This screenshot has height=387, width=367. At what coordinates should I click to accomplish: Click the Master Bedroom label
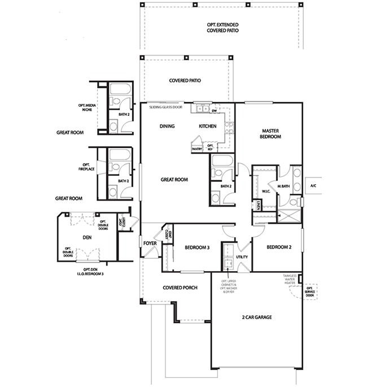(270, 133)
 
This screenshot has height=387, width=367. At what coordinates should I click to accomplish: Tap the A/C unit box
(312, 185)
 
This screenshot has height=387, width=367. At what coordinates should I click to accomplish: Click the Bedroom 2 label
(278, 247)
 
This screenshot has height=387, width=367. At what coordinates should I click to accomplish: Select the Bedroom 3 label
(198, 247)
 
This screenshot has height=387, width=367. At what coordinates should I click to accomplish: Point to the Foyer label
(150, 243)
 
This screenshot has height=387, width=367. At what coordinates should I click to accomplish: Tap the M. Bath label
(283, 185)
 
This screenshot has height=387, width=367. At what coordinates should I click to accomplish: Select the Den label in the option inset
(87, 238)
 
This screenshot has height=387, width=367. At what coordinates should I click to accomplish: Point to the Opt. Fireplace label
(87, 168)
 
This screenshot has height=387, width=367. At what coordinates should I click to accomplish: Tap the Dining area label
(167, 127)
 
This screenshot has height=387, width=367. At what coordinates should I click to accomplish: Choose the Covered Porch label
(180, 288)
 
